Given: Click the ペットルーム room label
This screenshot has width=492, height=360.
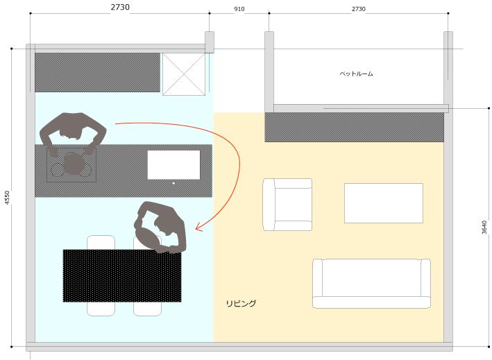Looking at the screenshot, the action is [x=356, y=74].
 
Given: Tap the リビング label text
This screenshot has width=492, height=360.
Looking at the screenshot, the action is [x=241, y=303].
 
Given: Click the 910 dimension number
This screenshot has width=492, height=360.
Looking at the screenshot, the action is [x=239, y=9].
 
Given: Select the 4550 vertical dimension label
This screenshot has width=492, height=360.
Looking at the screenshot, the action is [x=7, y=198].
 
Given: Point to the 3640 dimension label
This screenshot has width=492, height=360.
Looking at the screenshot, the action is [x=484, y=228].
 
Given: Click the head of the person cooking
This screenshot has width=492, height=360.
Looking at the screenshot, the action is [x=74, y=164].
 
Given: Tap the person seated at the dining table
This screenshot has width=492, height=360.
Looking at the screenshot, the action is [x=160, y=228].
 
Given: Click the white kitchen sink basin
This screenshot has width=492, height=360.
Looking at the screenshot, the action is [x=174, y=165].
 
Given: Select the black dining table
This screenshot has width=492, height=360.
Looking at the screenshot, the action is [x=122, y=275].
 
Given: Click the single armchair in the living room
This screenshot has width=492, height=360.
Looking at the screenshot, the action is [x=287, y=205].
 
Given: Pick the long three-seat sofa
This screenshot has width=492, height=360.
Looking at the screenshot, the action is [x=371, y=284].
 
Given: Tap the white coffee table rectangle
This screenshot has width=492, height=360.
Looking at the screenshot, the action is [x=384, y=203].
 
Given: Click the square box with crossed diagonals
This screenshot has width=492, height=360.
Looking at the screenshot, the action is [x=184, y=74].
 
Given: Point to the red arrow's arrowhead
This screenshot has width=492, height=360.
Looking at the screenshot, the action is [x=199, y=227].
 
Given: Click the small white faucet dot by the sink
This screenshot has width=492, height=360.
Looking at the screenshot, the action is [x=173, y=183].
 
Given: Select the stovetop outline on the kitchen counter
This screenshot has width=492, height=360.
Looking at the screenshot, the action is [x=71, y=165].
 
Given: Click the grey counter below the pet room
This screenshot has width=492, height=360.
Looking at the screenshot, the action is [x=354, y=128].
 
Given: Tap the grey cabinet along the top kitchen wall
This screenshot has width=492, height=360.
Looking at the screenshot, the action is [x=97, y=72].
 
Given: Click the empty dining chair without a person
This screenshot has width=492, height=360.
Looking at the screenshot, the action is [x=101, y=275].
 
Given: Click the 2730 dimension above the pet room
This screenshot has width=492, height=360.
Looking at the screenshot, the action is [x=358, y=9].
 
